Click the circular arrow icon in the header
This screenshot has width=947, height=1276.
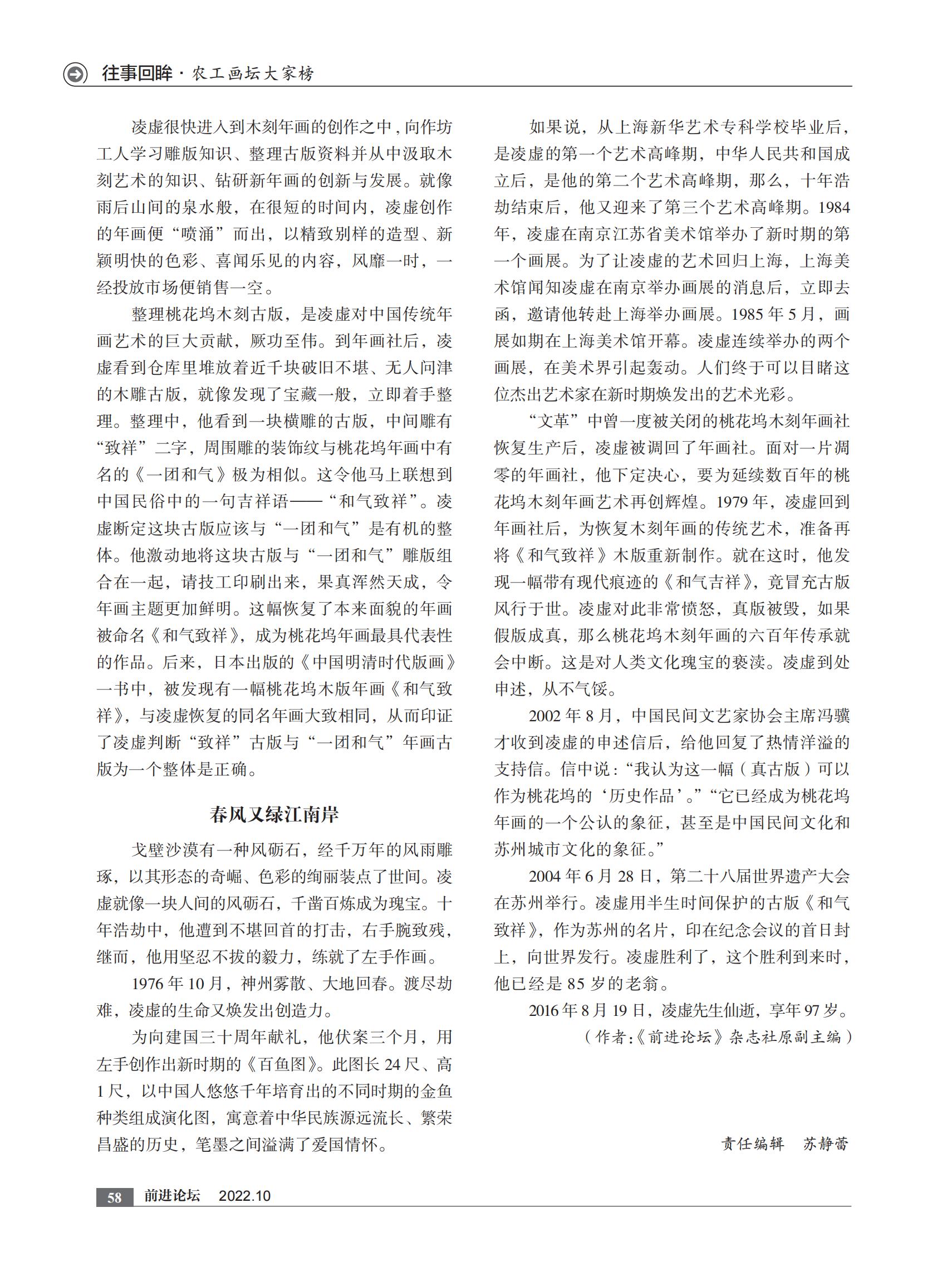pyautogui.click(x=75, y=75)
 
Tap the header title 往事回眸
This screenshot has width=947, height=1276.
pyautogui.click(x=138, y=74)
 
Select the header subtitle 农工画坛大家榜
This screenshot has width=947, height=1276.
pyautogui.click(x=252, y=74)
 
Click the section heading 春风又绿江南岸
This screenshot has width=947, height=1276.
pyautogui.click(x=274, y=814)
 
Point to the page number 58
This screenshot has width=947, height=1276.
pyautogui.click(x=115, y=1197)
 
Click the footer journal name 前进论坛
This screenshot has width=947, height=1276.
pyautogui.click(x=172, y=1196)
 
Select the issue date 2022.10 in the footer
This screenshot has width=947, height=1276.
pyautogui.click(x=245, y=1196)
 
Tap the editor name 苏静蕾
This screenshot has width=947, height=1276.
pyautogui.click(x=826, y=1143)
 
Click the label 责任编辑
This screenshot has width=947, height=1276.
pyautogui.click(x=752, y=1143)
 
